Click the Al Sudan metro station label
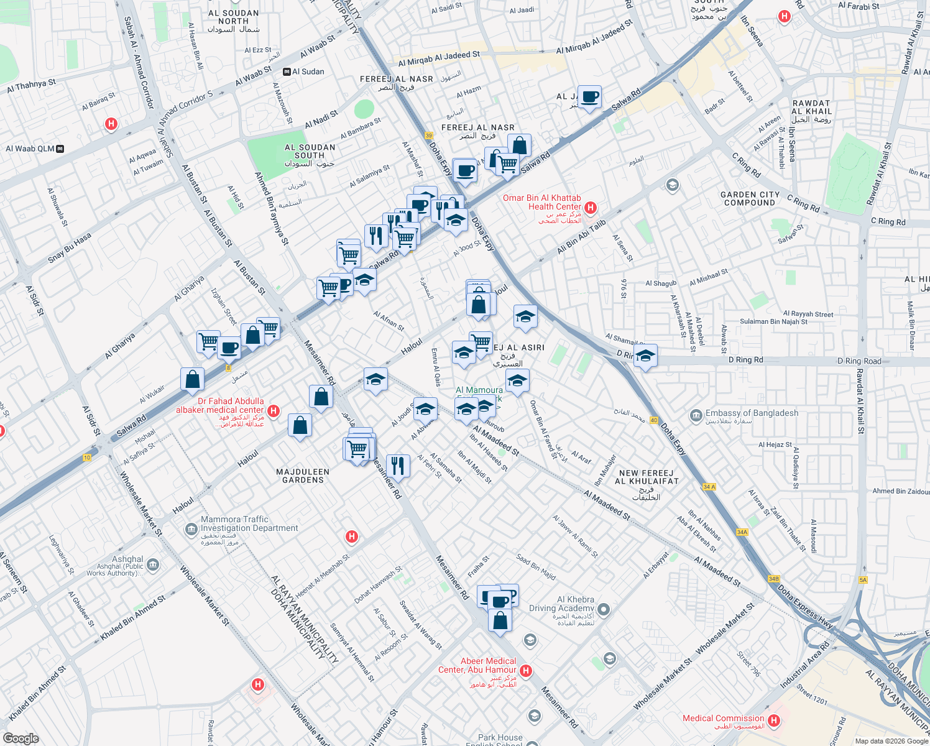click(x=309, y=71)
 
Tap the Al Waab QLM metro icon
click(x=60, y=149)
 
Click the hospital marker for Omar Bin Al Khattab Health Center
click(x=591, y=207)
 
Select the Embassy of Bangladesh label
click(x=752, y=413)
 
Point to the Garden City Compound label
click(x=750, y=198)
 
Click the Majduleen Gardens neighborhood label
click(x=303, y=476)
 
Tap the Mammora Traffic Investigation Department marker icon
click(x=191, y=529)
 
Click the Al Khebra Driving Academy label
click(x=561, y=604)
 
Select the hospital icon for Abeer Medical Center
click(x=526, y=670)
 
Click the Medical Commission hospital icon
click(x=773, y=721)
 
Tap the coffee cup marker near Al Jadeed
click(x=589, y=97)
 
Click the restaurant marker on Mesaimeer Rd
click(x=397, y=466)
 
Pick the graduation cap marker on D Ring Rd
click(x=645, y=356)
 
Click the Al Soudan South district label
click(x=310, y=152)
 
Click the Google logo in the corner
click(x=21, y=739)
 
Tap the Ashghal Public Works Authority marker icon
click(x=154, y=566)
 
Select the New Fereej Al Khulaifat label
click(x=646, y=477)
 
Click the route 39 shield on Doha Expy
click(x=429, y=136)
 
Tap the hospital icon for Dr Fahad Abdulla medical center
click(x=273, y=411)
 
